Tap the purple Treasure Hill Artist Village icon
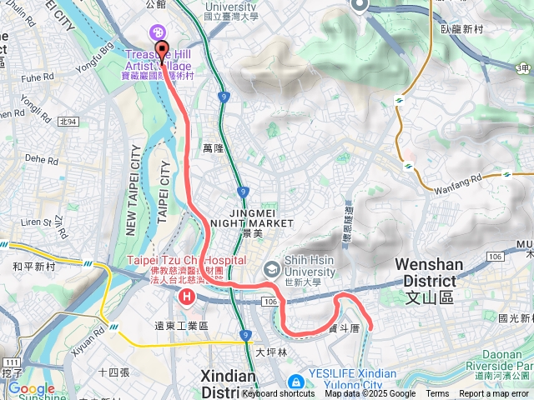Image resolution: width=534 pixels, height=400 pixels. tap(155, 32)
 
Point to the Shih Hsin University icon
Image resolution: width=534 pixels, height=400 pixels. tap(271, 269)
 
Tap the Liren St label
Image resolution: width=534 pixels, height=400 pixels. tap(35, 222)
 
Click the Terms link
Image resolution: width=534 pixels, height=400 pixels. tap(437, 394)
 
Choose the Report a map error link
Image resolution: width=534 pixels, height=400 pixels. tap(494, 394)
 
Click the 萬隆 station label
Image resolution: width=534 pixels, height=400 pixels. tap(214, 148)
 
